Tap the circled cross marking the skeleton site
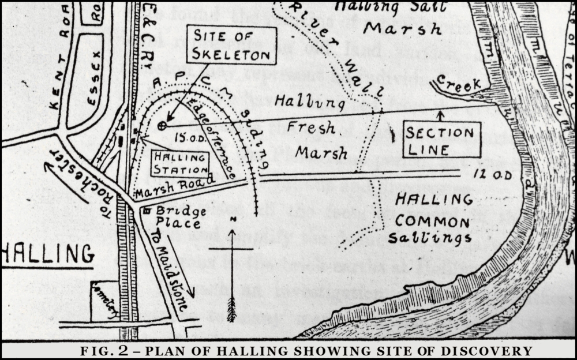(x=162, y=125)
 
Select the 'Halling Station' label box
(x=180, y=163)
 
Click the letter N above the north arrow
(x=231, y=220)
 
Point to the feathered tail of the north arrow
(x=231, y=309)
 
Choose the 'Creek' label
(x=458, y=84)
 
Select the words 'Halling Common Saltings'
(x=429, y=219)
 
